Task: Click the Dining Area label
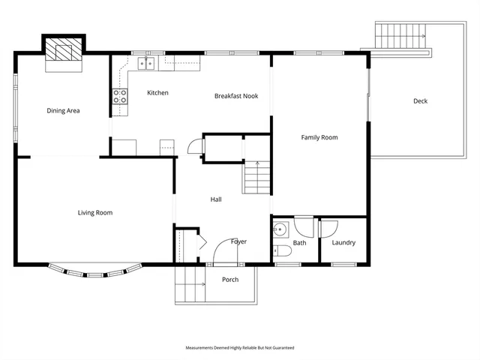coord(63,111)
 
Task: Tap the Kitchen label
coord(157,93)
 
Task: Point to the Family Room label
coord(319,137)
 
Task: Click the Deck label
coord(420,101)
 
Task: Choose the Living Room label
coord(95,213)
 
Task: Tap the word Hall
coord(216,199)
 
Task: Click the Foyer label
coord(238,241)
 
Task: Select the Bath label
coord(300,243)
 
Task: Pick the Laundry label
coord(343,243)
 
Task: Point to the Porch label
coord(230,280)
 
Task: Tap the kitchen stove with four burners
coord(120,95)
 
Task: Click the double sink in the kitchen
coord(145,63)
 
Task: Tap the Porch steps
coord(190,285)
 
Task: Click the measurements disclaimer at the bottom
coord(240,348)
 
